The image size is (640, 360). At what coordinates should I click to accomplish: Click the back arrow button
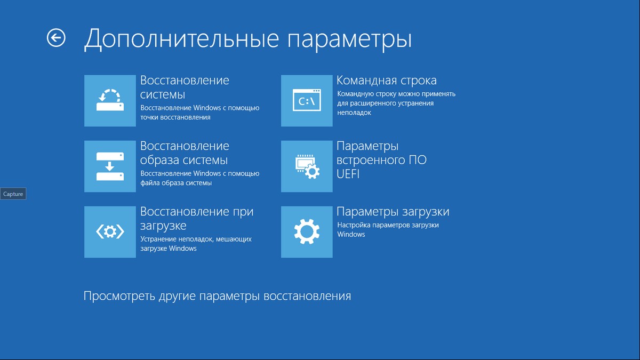tap(56, 38)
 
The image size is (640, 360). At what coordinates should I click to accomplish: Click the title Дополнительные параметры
tap(248, 39)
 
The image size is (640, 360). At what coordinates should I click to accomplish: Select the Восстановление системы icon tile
tap(110, 101)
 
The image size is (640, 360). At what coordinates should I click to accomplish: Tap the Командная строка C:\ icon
tap(307, 101)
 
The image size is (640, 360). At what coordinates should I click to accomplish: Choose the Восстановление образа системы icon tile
tap(110, 166)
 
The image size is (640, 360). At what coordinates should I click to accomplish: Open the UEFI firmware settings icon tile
tap(307, 166)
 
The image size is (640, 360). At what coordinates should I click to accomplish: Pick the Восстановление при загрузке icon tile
tap(110, 232)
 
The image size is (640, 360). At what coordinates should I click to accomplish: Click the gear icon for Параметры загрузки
tap(307, 232)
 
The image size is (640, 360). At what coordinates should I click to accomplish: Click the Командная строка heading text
tap(387, 81)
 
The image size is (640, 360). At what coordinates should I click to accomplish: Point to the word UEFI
tap(348, 174)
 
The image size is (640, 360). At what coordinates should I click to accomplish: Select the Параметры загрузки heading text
tap(393, 212)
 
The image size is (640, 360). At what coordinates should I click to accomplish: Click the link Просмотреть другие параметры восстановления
tap(217, 296)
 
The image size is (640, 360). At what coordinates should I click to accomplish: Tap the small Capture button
tap(13, 194)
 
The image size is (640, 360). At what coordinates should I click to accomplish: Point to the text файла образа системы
tap(176, 183)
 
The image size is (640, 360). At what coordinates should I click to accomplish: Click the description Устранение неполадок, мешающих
tap(196, 239)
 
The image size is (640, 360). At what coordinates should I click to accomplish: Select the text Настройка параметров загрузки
tap(388, 225)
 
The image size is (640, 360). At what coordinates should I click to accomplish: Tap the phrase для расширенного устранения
tap(385, 103)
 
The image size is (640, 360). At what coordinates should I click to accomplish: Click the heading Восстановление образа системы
tap(185, 153)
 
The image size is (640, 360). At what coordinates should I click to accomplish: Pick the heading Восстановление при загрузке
tap(197, 219)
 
